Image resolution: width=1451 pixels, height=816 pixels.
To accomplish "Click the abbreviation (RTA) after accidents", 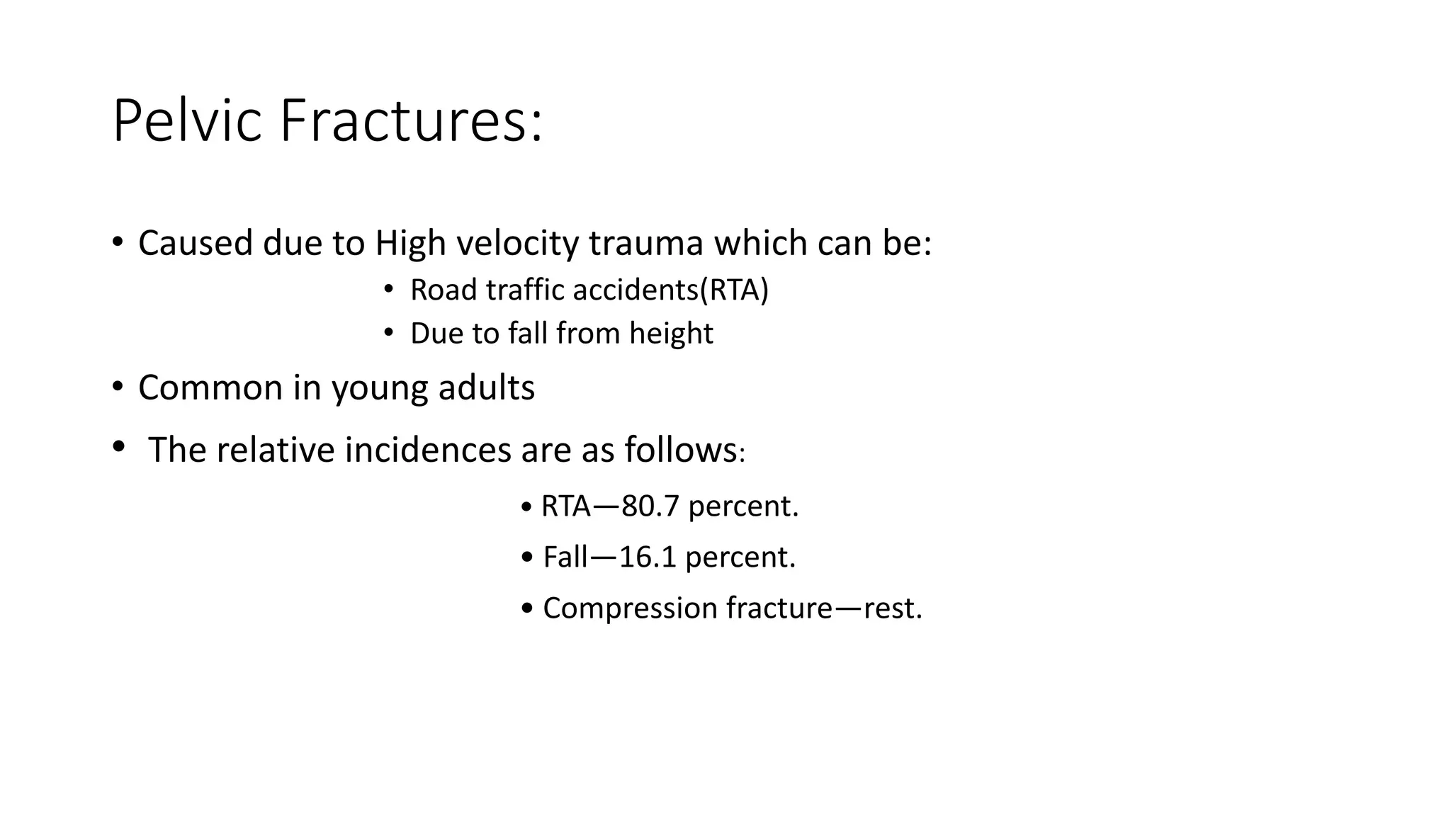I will [734, 290].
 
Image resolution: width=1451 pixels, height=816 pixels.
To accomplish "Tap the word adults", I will [486, 387].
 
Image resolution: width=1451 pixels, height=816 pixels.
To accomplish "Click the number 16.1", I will [648, 557].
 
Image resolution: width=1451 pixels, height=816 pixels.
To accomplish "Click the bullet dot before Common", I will [118, 387].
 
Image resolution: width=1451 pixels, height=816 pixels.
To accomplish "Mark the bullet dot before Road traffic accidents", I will [388, 289].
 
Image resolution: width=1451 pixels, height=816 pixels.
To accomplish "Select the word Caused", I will [195, 244].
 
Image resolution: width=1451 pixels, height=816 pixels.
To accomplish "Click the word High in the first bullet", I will [410, 244].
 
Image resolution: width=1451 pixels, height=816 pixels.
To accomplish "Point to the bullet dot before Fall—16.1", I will [526, 557].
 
